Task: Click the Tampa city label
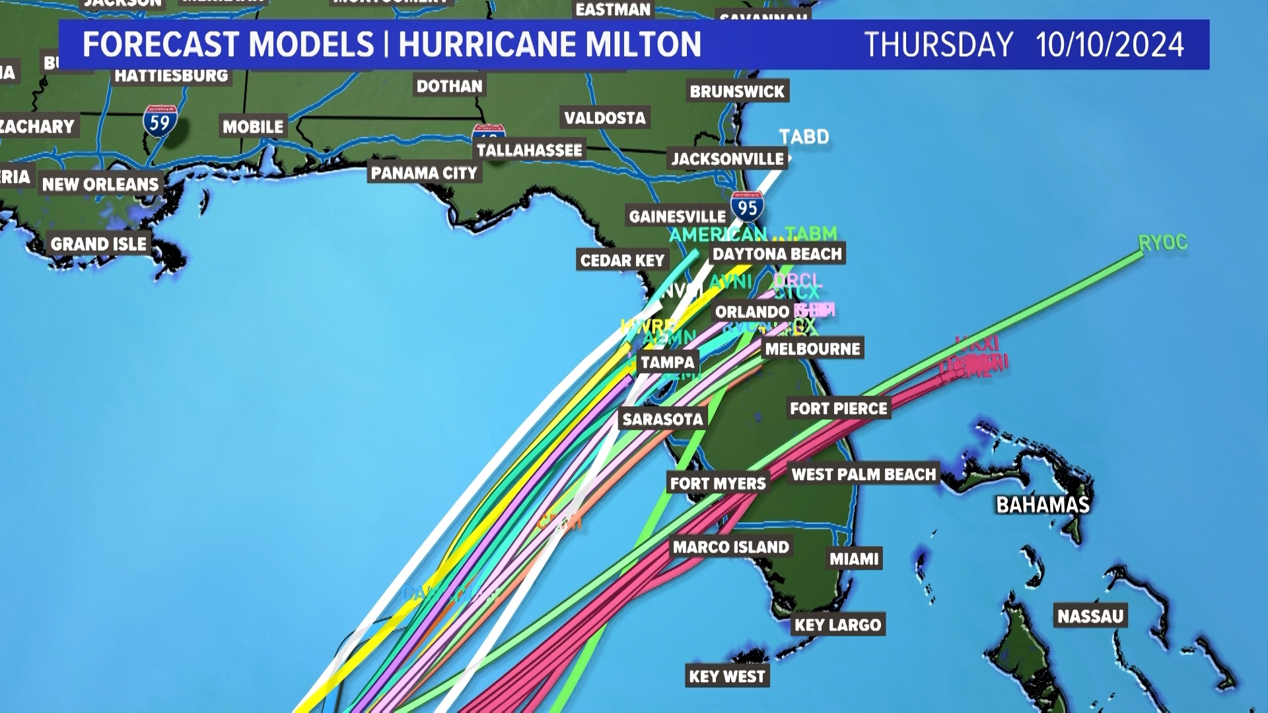click(x=667, y=362)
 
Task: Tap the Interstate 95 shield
click(x=748, y=207)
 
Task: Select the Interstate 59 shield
click(x=160, y=122)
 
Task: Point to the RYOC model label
click(x=1162, y=243)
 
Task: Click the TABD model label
click(x=804, y=137)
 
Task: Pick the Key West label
click(x=726, y=676)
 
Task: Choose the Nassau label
click(x=1090, y=616)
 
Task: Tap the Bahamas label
click(x=1043, y=505)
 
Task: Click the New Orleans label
click(x=100, y=184)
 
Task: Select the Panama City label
click(x=424, y=173)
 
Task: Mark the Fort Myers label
click(x=718, y=483)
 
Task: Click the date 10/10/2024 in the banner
click(x=1109, y=45)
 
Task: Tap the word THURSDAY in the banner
click(x=938, y=45)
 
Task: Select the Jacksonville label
click(x=728, y=158)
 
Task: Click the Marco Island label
click(x=731, y=547)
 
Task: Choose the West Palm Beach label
click(x=864, y=474)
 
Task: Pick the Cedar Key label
click(x=622, y=260)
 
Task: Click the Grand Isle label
click(x=99, y=244)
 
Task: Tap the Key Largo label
click(x=837, y=625)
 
